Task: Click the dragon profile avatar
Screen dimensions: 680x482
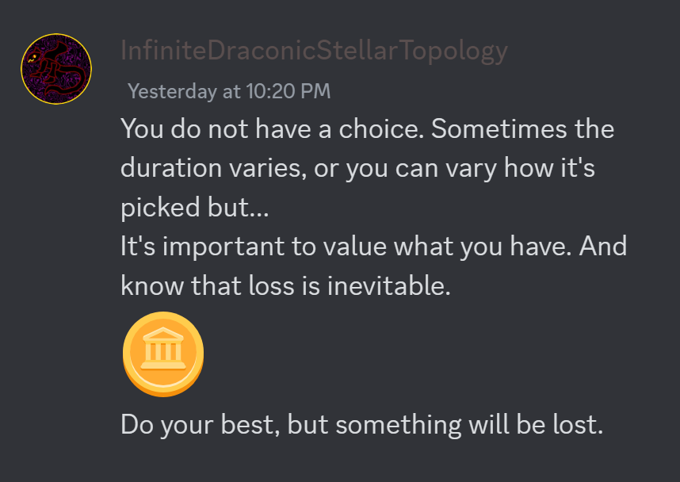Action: pos(56,69)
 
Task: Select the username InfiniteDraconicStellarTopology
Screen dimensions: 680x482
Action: pos(314,51)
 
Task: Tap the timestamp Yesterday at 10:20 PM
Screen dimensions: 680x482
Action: pos(229,91)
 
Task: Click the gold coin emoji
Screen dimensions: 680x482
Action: pos(163,354)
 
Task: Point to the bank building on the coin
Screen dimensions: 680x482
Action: pos(163,348)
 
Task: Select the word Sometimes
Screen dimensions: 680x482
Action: pos(499,129)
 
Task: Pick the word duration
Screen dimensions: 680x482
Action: pos(171,168)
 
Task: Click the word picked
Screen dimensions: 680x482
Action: pos(160,208)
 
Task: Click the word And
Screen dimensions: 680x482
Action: pos(603,246)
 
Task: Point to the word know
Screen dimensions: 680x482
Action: pos(152,285)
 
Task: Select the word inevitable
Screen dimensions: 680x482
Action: pos(389,285)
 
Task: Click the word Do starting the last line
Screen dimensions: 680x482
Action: pos(137,424)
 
